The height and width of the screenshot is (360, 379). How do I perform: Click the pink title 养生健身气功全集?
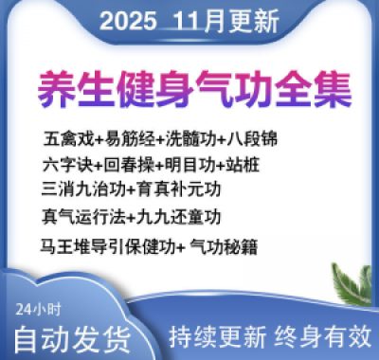(194, 87)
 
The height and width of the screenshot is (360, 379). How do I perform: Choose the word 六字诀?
(63, 164)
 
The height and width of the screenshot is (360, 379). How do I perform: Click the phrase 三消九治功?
(79, 189)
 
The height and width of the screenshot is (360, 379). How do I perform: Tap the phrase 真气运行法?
(78, 216)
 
